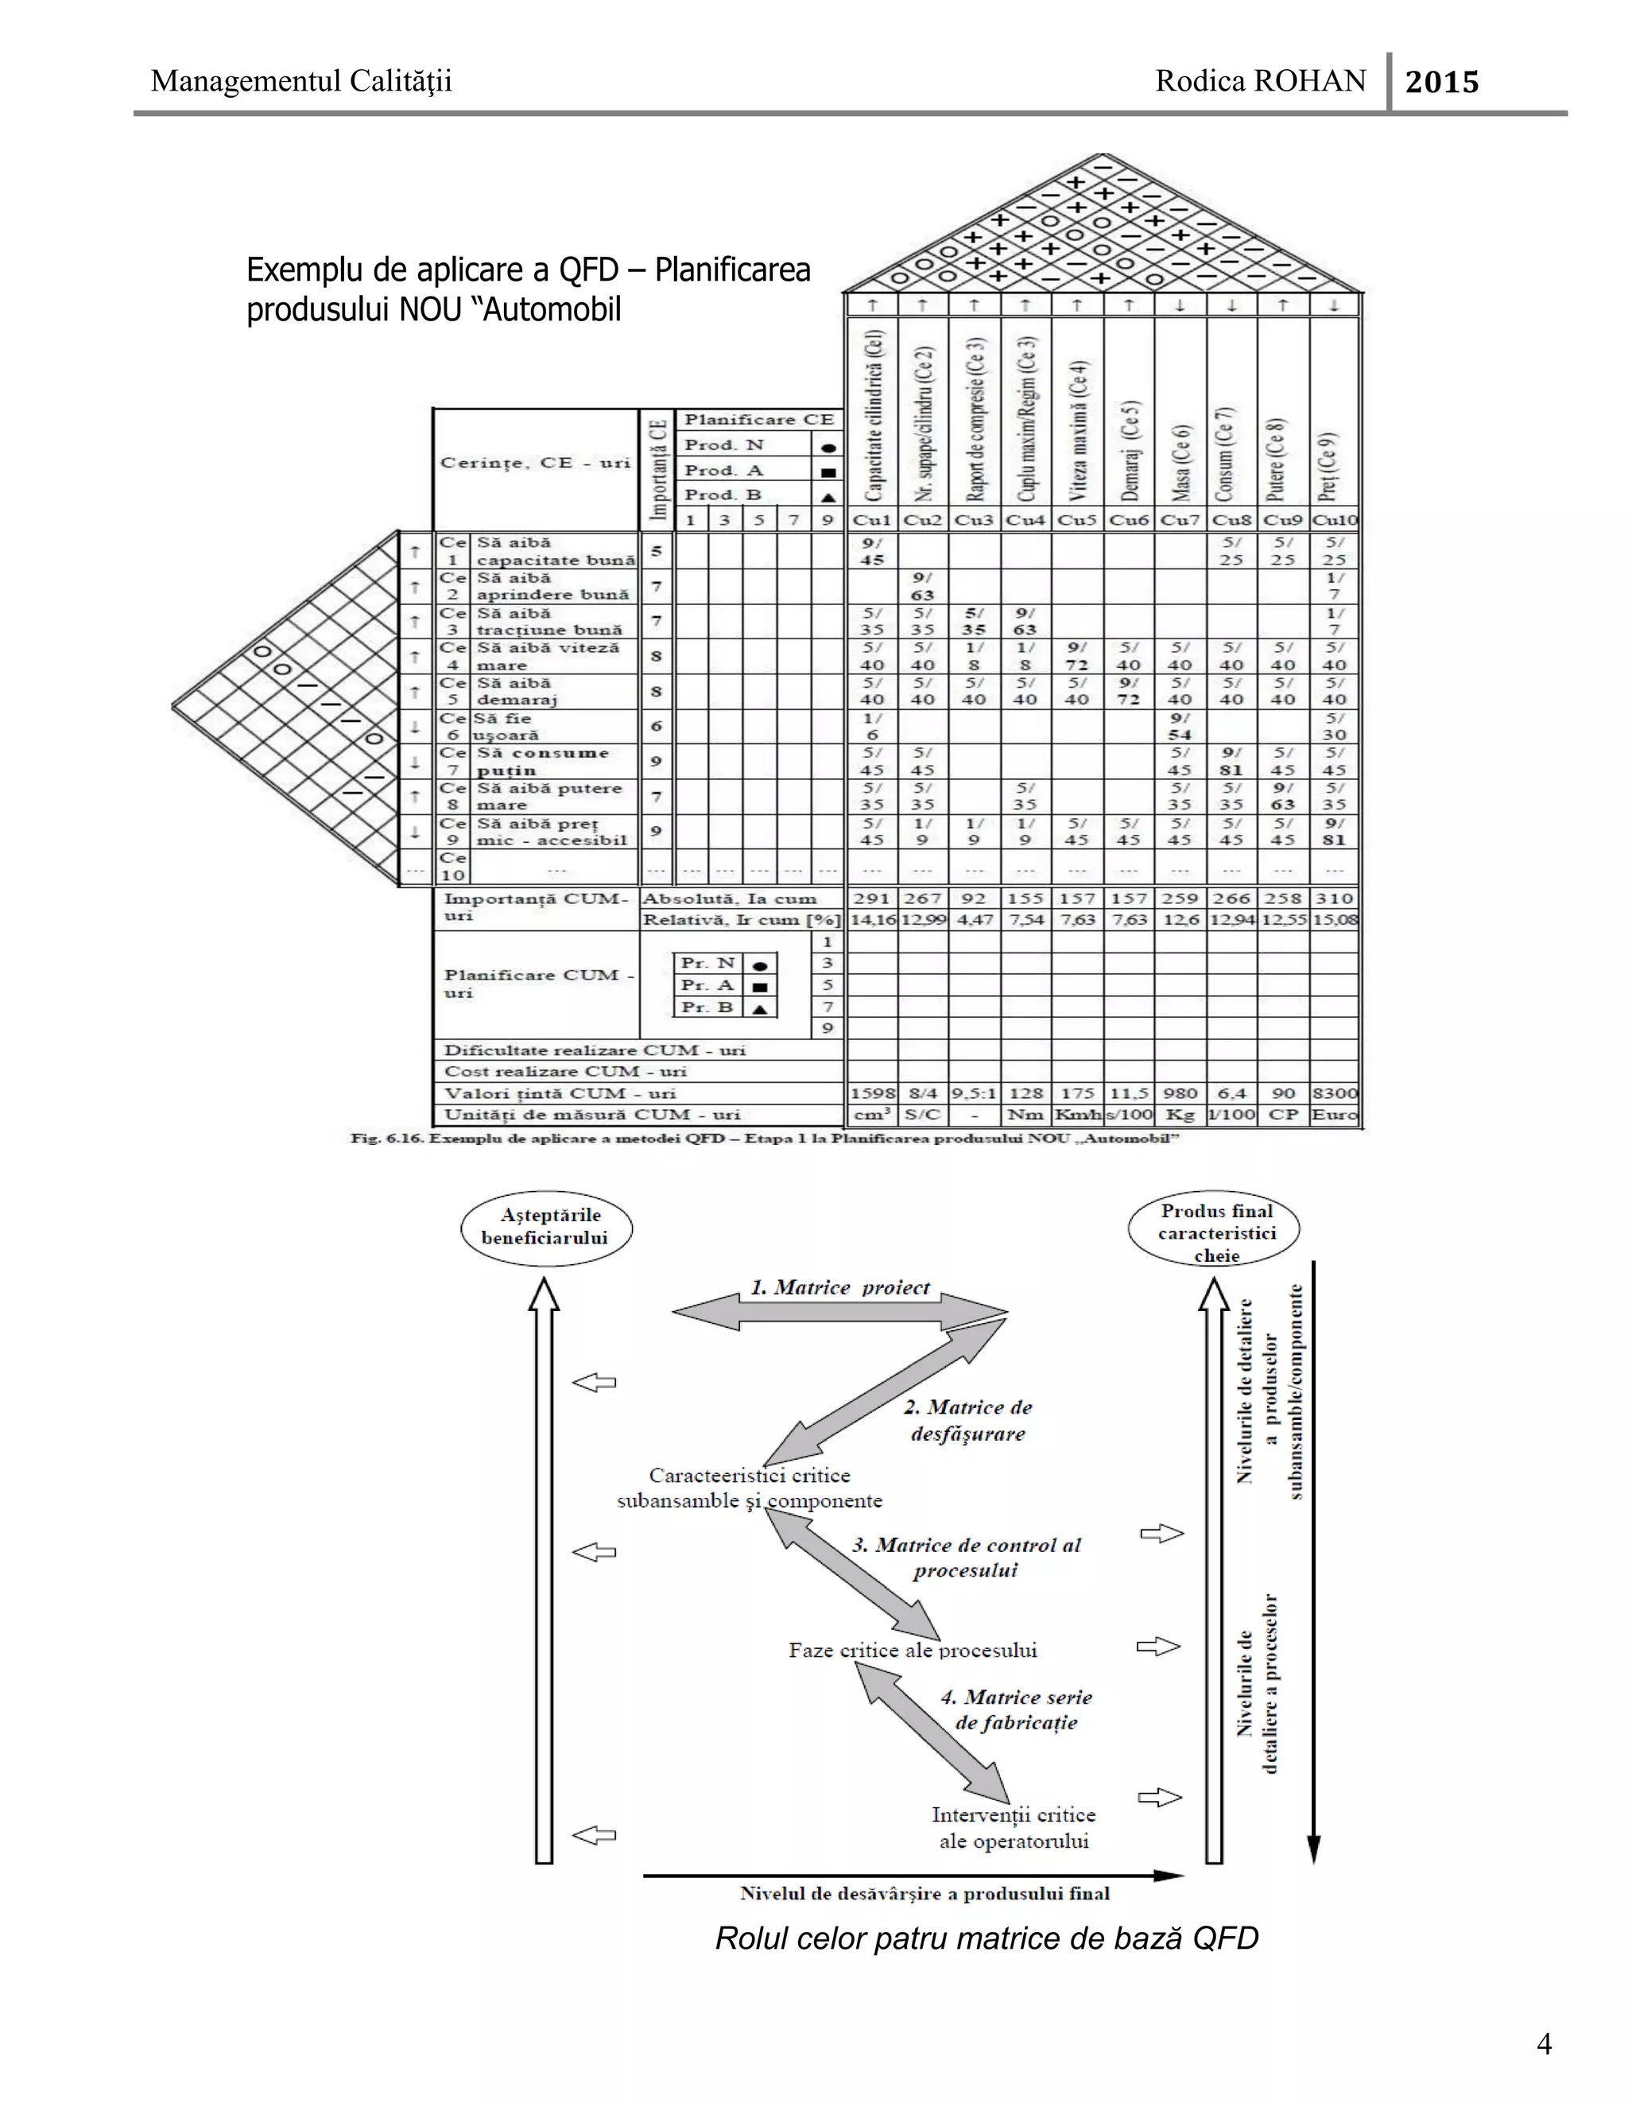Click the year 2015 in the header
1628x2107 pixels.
[1441, 82]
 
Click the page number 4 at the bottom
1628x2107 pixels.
[1543, 2043]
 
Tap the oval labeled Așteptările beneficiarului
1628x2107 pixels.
[546, 1226]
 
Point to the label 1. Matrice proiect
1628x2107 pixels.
[840, 1288]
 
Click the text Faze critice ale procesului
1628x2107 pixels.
[913, 1650]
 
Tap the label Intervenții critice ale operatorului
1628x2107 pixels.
[1014, 1827]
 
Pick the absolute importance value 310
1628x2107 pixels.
[1335, 898]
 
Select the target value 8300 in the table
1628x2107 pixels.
[1335, 1093]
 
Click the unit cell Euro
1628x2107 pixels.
[1335, 1114]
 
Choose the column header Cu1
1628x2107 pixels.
[872, 520]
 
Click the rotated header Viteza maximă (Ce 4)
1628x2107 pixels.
[1077, 430]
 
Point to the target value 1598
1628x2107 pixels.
[872, 1093]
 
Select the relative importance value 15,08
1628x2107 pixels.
[1335, 919]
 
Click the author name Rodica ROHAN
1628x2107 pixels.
[1261, 81]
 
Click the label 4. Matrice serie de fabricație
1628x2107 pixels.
[1017, 1709]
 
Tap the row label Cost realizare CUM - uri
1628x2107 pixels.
[565, 1071]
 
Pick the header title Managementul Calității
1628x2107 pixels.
[301, 81]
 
